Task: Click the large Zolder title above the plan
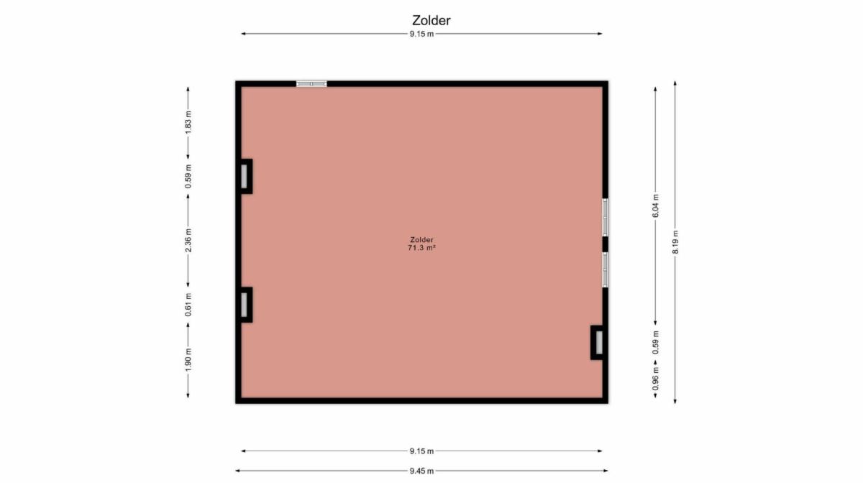point(431,20)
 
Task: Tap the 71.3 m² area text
point(421,248)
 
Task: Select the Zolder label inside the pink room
point(421,240)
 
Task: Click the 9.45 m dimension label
point(421,471)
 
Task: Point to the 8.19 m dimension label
point(675,242)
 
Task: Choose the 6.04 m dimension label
point(655,206)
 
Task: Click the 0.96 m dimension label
point(655,379)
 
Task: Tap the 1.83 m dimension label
point(188,123)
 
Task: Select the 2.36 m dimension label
point(188,241)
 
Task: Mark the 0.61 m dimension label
point(188,305)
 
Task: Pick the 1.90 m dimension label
point(188,360)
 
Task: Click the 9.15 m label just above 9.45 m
point(421,451)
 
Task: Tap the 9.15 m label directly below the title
point(421,34)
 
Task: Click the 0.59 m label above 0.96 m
point(655,343)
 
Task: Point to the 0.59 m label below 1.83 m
point(188,176)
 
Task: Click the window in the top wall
point(311,84)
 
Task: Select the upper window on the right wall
point(605,217)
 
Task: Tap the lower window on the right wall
point(605,269)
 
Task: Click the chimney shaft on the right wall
point(596,343)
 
